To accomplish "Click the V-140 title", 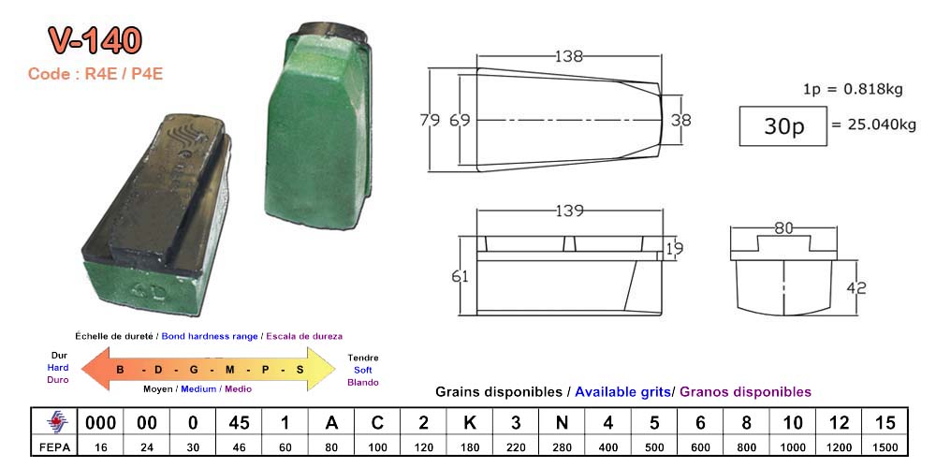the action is pos(95,41).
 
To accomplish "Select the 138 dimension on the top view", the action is pos(568,57).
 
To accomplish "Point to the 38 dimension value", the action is pos(681,120).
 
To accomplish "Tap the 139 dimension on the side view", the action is pos(569,212).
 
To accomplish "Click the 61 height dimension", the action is pos(461,277).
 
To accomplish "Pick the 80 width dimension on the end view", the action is pos(783,228).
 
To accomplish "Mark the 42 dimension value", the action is pos(856,288).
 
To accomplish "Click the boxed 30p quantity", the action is pos(783,126).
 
